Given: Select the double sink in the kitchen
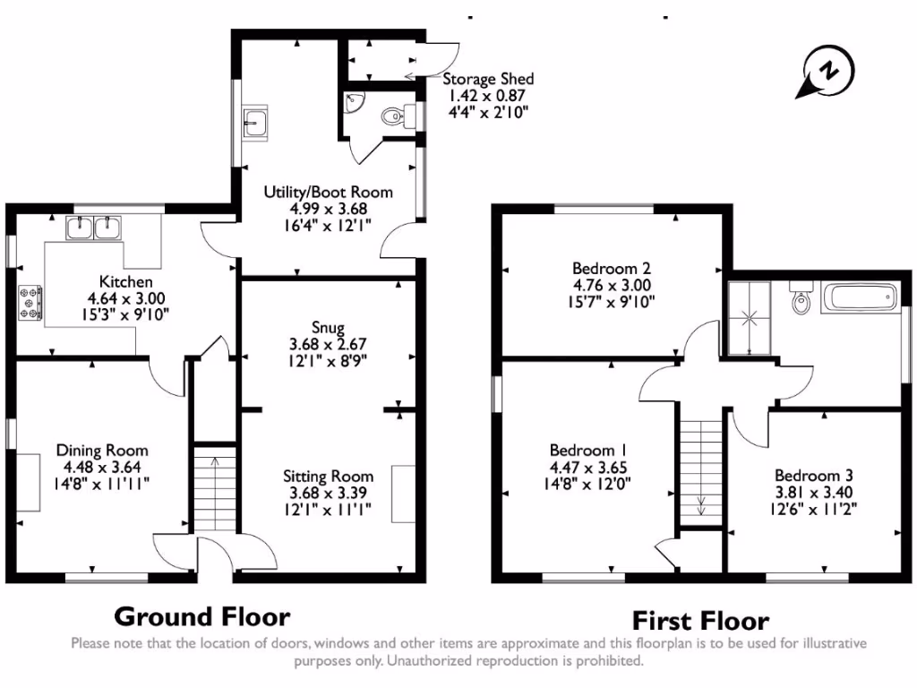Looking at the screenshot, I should [94, 228].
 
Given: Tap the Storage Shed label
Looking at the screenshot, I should [488, 80].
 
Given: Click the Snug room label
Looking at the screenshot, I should [327, 328].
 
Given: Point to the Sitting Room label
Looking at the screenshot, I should [328, 476].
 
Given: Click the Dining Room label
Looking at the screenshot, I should [102, 451].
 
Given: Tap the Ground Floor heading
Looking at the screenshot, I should [202, 616].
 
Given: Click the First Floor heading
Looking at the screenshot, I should [700, 620].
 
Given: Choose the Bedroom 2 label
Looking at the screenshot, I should [611, 268].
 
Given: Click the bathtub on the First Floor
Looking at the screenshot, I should [861, 297].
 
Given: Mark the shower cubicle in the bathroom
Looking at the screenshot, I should [750, 317].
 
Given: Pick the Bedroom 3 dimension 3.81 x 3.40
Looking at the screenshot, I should [813, 492].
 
